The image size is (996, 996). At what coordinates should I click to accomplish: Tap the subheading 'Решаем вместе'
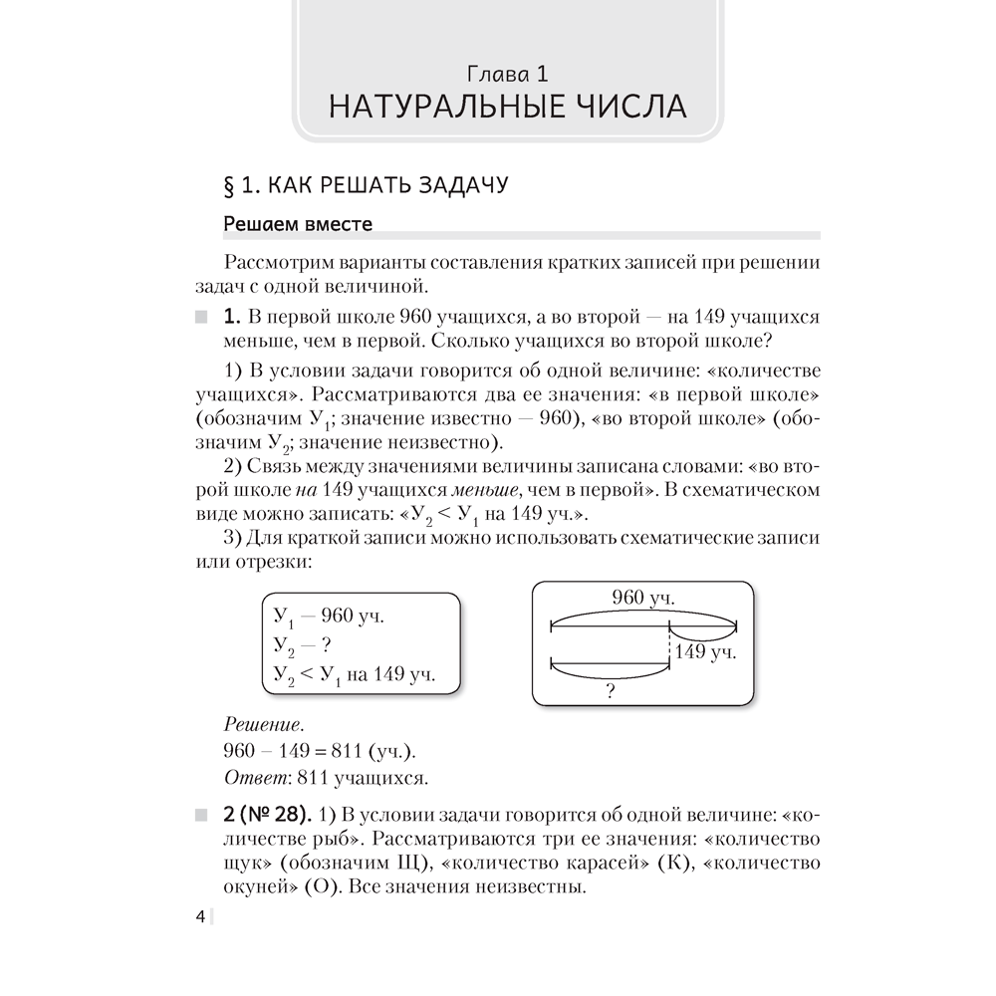pos(298,225)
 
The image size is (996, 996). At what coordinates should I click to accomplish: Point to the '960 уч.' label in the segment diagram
pos(642,599)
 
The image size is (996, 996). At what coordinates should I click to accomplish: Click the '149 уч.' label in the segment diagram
pos(705,653)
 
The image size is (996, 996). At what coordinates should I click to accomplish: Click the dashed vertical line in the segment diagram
pos(667,647)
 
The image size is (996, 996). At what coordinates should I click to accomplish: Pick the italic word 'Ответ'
pos(248,776)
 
